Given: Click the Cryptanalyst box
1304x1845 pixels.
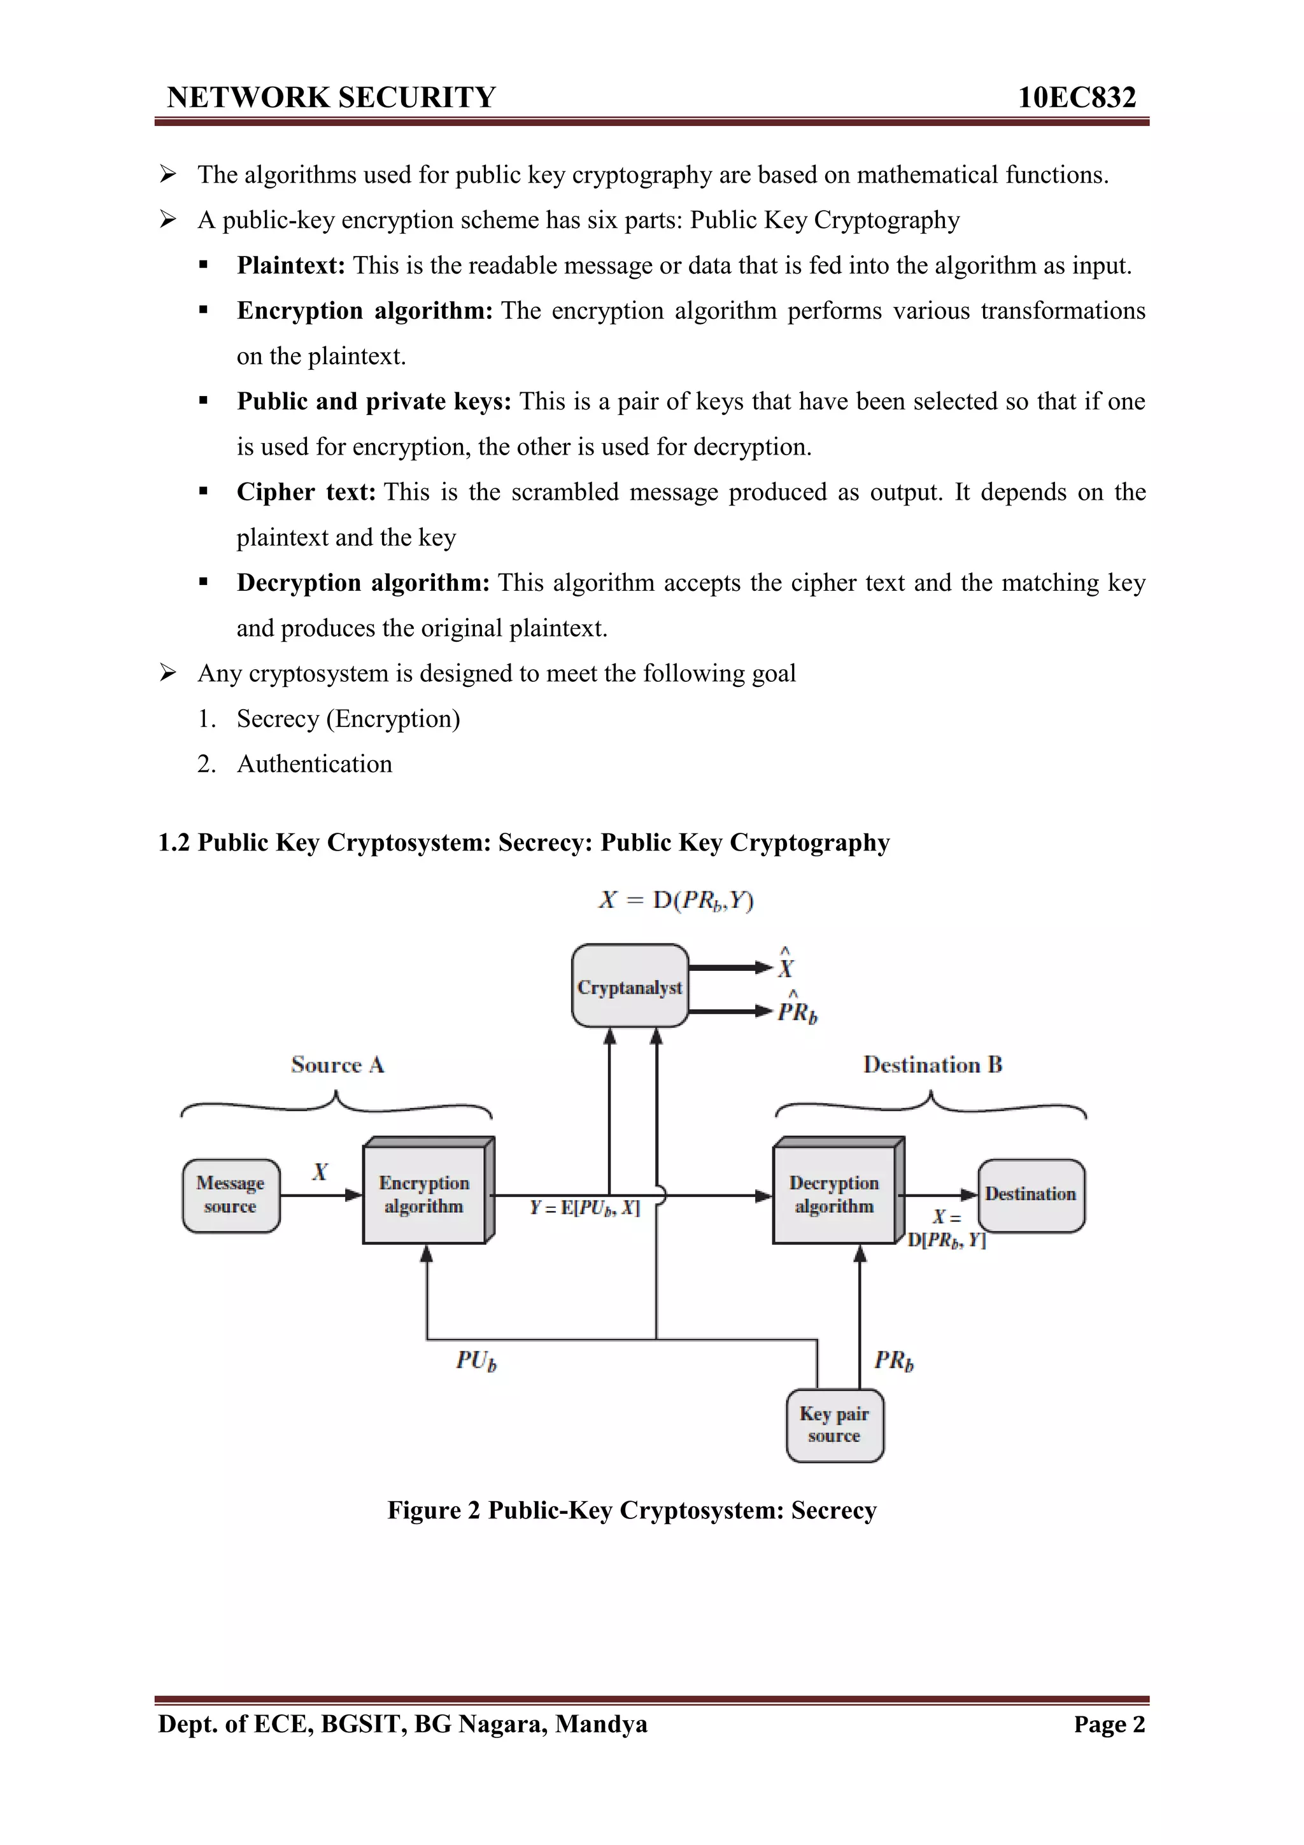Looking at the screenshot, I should [629, 986].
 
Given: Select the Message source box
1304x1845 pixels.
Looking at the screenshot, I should [230, 1195].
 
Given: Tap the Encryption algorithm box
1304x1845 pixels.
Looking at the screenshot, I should [424, 1195].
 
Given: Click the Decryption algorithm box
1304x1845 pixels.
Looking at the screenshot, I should [834, 1195].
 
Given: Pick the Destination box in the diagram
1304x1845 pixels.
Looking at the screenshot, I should [1031, 1195].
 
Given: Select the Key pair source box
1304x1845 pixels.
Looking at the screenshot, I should [834, 1425].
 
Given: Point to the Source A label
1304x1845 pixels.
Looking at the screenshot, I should [337, 1064].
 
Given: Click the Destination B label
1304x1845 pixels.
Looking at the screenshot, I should [932, 1064].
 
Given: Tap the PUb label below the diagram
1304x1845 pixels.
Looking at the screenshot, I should [476, 1361].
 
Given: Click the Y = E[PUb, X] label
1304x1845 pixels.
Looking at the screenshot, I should [585, 1208].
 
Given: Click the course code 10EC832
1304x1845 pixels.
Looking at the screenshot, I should [1077, 97].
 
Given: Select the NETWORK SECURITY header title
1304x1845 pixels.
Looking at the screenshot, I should [331, 97].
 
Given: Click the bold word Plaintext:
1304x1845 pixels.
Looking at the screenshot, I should [291, 265].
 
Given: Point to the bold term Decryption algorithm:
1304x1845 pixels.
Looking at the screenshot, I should [363, 583].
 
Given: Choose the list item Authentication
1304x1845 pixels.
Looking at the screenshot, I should [314, 763].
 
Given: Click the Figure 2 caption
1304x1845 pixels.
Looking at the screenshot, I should [632, 1510].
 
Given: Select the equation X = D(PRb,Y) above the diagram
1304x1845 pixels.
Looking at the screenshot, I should [676, 900].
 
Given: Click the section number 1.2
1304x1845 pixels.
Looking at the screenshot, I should [174, 842].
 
